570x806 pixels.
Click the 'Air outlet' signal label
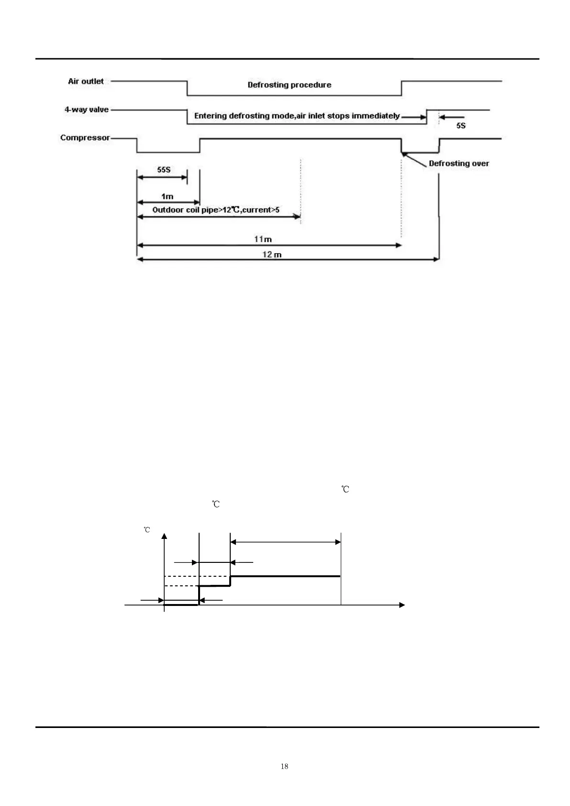[86, 81]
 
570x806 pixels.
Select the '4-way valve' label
[87, 110]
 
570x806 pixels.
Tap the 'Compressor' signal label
[85, 138]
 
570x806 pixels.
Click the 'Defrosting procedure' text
[289, 85]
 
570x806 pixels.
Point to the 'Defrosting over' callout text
[458, 163]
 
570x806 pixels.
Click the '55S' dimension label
[164, 169]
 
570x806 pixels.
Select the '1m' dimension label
[167, 196]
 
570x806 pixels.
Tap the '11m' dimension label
[263, 239]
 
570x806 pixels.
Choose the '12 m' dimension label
[272, 254]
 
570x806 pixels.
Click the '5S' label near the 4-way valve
[460, 125]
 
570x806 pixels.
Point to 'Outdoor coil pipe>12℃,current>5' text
[215, 210]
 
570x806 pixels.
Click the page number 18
[284, 766]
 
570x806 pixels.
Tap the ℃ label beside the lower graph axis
[147, 530]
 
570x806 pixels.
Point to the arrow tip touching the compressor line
[403, 153]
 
